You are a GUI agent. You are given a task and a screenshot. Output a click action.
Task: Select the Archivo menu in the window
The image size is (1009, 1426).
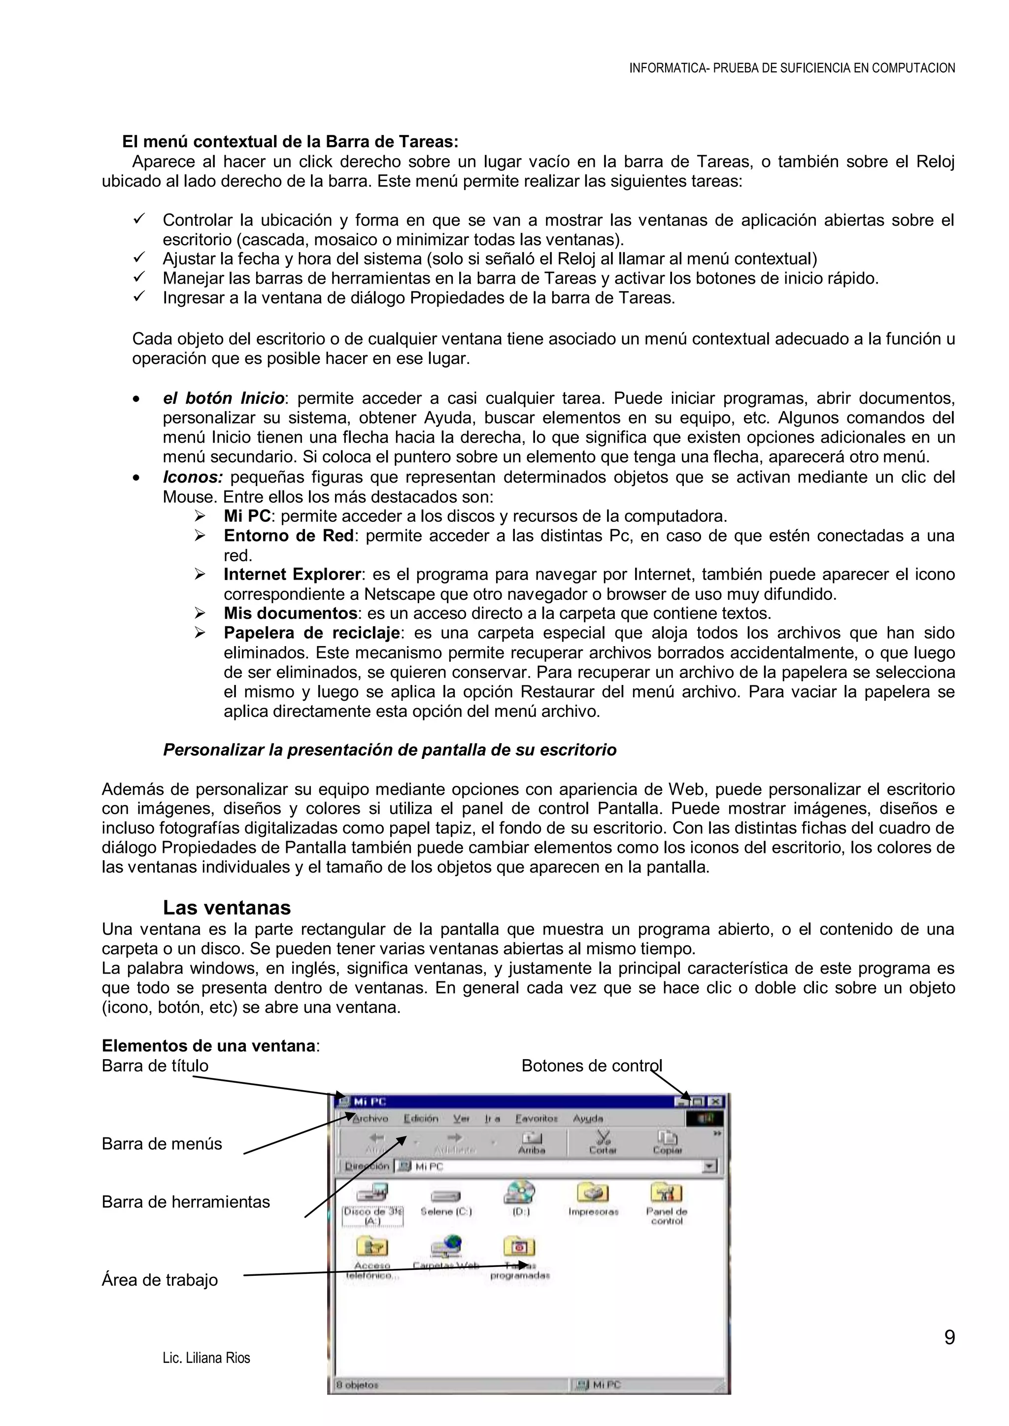370,1119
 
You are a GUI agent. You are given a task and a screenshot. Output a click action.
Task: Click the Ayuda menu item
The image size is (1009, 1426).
588,1119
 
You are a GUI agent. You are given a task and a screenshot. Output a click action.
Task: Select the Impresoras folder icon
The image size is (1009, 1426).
593,1193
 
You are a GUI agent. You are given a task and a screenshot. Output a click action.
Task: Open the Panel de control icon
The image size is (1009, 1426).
666,1193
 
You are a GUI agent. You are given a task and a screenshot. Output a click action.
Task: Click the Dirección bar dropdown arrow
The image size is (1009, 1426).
709,1167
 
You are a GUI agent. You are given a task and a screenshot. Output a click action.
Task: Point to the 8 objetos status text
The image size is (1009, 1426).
357,1385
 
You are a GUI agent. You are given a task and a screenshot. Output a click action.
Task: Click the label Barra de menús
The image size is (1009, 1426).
162,1144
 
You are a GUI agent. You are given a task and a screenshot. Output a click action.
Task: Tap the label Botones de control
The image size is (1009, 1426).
592,1066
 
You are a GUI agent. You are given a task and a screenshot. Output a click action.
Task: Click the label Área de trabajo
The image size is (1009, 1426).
160,1280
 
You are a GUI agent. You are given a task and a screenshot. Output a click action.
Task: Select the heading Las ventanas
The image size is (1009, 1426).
227,908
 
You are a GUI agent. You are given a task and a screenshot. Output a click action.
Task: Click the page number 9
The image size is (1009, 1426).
949,1337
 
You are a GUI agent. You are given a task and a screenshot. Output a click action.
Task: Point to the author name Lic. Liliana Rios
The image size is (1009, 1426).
206,1359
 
